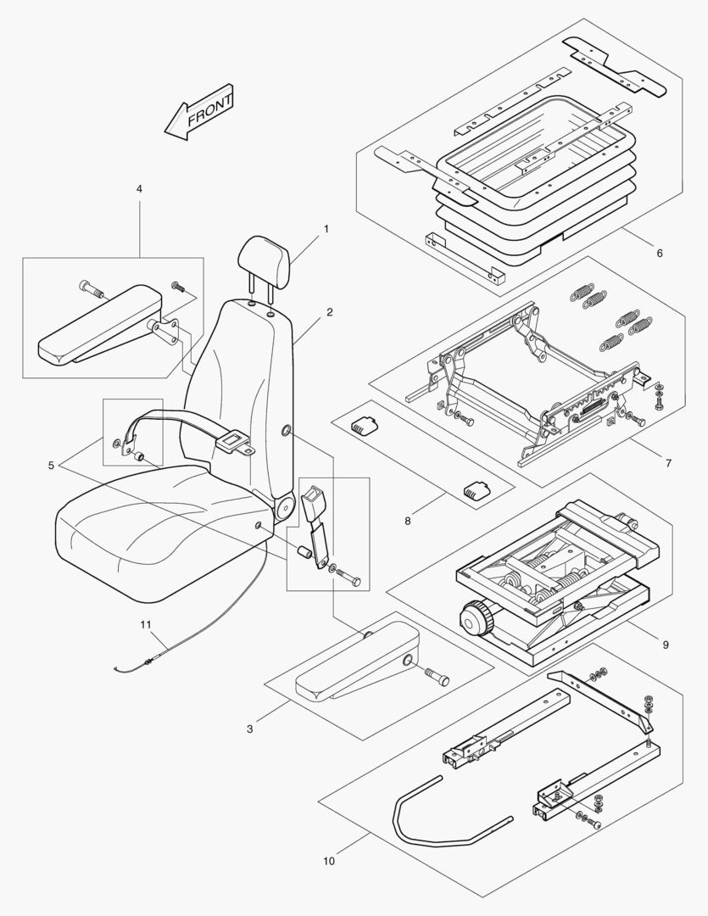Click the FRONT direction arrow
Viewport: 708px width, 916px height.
tap(198, 111)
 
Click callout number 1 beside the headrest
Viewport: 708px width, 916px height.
tap(326, 229)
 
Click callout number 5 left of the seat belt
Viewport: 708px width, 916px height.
tap(52, 465)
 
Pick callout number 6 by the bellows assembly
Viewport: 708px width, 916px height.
tap(659, 253)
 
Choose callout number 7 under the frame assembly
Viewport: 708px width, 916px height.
tap(668, 463)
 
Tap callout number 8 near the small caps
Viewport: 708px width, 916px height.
tap(407, 520)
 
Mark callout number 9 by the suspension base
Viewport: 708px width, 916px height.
tap(666, 645)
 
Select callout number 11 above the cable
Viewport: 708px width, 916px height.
tap(146, 624)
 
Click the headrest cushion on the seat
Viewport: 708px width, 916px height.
tap(265, 255)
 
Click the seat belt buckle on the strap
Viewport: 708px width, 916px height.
tap(231, 439)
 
